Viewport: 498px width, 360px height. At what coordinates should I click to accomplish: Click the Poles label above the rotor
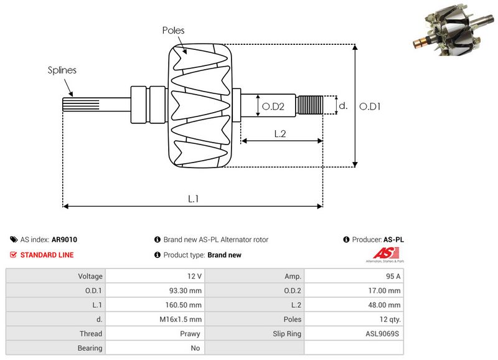(173, 30)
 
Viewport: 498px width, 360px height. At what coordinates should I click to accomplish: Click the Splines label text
(62, 70)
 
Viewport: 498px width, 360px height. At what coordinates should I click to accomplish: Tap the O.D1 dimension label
(370, 107)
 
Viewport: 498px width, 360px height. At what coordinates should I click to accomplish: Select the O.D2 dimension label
(273, 107)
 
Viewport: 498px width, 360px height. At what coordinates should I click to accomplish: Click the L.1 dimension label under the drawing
(194, 199)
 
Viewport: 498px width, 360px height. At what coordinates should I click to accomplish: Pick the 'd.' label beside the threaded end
(342, 106)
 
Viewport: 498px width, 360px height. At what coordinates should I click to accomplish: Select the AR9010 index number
(65, 239)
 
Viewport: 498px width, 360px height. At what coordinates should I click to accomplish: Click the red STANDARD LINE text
(47, 255)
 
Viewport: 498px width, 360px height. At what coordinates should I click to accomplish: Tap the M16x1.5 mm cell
(182, 319)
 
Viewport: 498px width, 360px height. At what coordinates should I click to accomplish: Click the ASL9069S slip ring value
(383, 334)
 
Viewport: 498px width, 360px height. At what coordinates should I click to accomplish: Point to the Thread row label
(91, 334)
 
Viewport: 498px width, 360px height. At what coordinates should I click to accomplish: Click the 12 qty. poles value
(388, 319)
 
